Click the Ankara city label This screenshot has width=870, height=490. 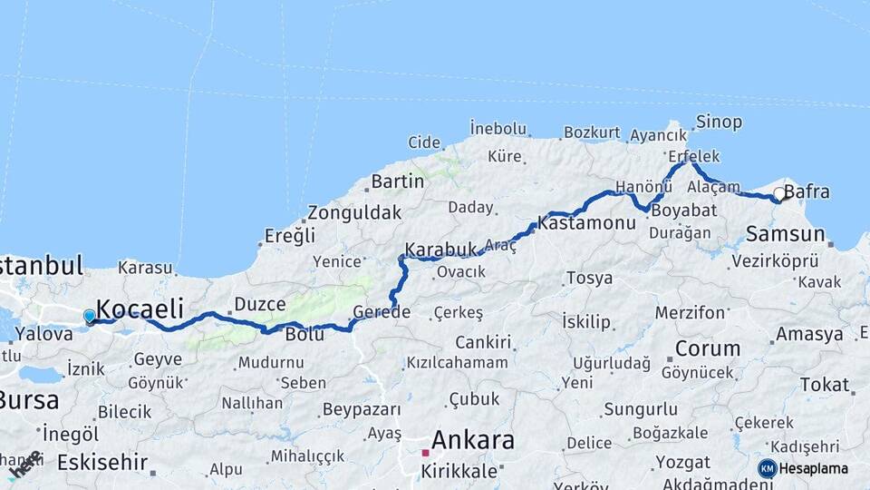472,441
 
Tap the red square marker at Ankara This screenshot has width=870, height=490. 425,452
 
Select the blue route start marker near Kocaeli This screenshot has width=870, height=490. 89,316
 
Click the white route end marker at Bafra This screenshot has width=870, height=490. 778,194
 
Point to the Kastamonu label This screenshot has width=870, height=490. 586,221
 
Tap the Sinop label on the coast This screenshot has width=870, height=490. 719,122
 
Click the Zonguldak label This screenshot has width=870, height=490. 353,213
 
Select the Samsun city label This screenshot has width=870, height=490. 785,234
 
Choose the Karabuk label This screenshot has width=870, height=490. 441,249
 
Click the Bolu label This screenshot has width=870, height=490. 304,334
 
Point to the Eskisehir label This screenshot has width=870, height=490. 101,462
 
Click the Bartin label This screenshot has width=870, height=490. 397,181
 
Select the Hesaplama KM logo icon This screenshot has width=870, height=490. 768,468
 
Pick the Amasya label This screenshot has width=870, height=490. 809,334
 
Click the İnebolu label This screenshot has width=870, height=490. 498,128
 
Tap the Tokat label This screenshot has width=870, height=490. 824,385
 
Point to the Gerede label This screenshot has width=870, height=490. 382,312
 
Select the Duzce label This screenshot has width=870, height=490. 260,304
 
